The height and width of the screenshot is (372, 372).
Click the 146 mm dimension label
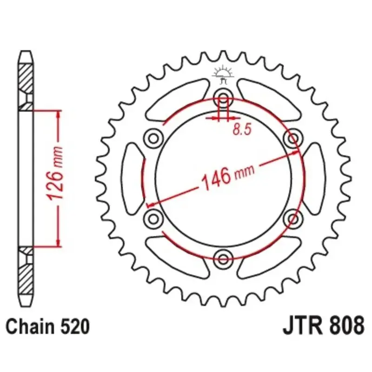tap(227, 176)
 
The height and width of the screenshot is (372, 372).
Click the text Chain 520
tap(48, 326)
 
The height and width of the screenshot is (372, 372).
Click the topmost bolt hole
tap(223, 98)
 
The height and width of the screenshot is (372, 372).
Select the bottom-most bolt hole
tap(223, 259)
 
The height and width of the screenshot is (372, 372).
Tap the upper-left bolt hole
tap(153, 138)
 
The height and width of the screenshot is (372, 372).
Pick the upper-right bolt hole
tap(293, 138)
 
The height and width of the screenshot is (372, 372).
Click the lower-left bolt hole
tap(153, 218)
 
